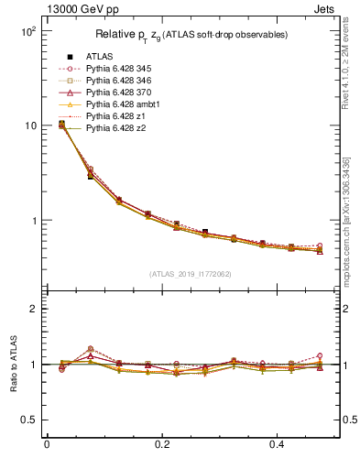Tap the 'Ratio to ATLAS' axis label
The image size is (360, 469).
point(15,365)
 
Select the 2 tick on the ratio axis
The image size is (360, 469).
point(32,309)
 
